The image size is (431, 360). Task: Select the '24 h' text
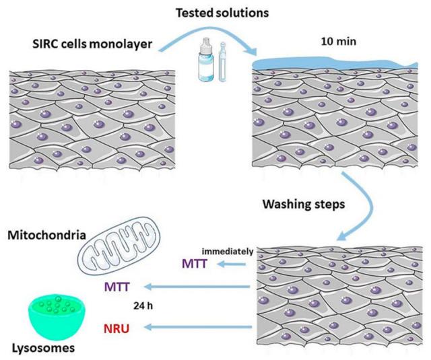point(168,308)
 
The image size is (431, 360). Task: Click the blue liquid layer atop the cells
point(330,63)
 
